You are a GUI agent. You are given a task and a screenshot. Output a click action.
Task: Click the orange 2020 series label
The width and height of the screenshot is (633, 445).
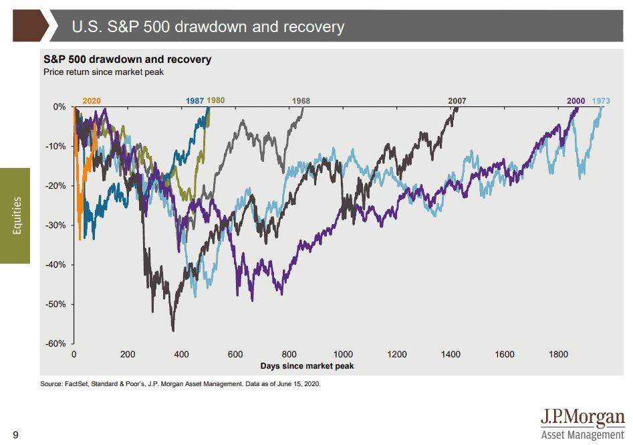(92, 101)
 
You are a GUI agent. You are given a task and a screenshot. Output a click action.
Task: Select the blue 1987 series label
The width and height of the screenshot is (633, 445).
(195, 101)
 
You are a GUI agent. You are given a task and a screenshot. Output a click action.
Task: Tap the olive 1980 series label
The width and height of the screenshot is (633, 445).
(216, 100)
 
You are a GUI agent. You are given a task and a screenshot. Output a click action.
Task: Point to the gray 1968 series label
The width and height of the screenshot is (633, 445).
(301, 101)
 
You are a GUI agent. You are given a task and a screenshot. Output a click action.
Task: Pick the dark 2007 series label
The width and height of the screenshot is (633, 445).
(457, 101)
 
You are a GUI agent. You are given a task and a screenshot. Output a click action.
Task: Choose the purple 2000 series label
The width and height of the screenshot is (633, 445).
(576, 101)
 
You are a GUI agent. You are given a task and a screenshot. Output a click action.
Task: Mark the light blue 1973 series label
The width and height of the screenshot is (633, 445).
(601, 101)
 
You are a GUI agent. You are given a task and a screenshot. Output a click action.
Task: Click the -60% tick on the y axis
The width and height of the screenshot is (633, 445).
(56, 344)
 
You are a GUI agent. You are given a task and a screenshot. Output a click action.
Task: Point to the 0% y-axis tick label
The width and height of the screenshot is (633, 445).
(59, 107)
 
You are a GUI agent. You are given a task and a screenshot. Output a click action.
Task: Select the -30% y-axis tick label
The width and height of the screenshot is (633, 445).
(56, 226)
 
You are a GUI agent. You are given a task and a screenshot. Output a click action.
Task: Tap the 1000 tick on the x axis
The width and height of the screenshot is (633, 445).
(343, 355)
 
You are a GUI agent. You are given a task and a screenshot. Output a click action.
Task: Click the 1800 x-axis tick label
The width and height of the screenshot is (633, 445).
(559, 355)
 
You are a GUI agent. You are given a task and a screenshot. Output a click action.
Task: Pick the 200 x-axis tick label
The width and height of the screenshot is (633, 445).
(128, 355)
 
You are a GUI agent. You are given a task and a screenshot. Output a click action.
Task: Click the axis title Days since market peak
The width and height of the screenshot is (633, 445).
(307, 366)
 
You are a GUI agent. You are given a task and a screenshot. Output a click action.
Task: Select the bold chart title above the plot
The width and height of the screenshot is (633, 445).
(127, 60)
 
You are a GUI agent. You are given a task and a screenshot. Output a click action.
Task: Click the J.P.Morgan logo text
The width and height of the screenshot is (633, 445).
(583, 418)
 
